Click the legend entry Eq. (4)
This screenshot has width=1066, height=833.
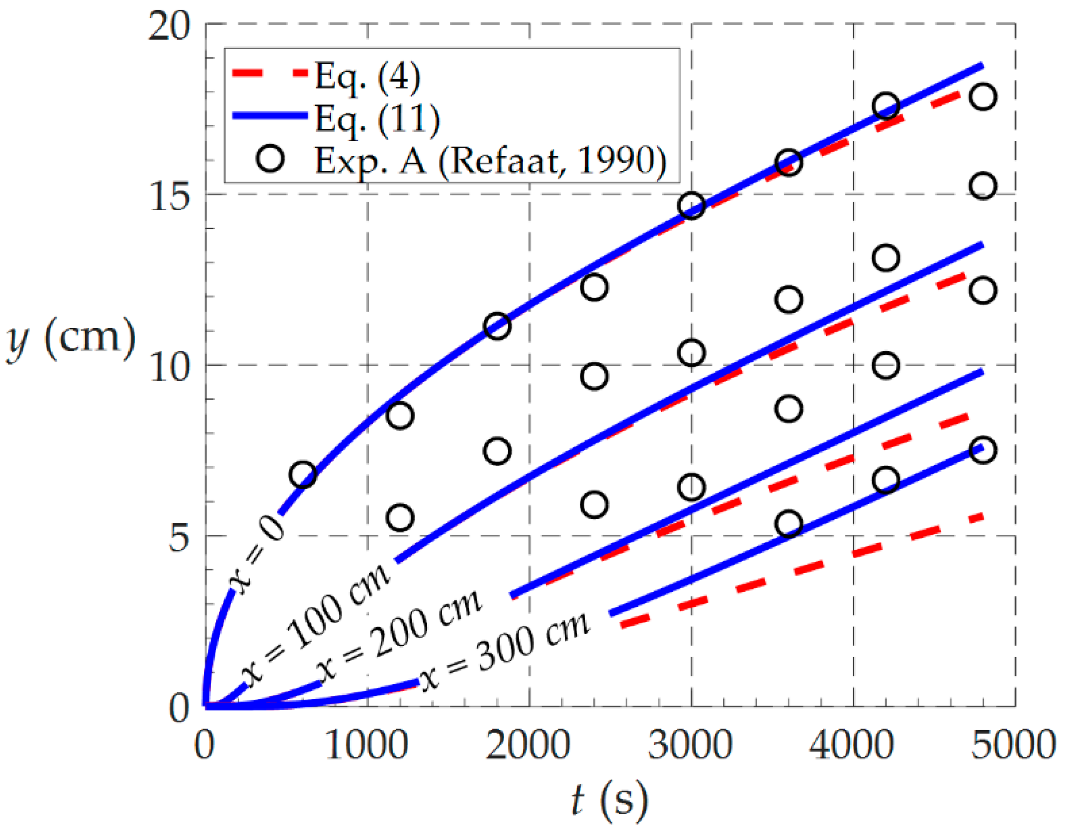click(367, 77)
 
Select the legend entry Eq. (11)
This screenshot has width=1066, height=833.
click(377, 119)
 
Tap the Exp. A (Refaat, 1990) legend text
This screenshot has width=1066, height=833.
click(490, 161)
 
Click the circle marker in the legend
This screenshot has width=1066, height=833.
click(270, 159)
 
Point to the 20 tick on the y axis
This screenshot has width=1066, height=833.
click(169, 26)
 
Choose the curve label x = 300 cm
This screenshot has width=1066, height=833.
click(505, 652)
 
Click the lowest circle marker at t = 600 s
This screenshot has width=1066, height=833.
click(302, 475)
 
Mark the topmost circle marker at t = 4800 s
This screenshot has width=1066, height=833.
click(982, 97)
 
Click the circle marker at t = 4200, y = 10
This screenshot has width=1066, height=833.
click(886, 365)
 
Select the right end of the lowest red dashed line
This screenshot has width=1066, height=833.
click(981, 517)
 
